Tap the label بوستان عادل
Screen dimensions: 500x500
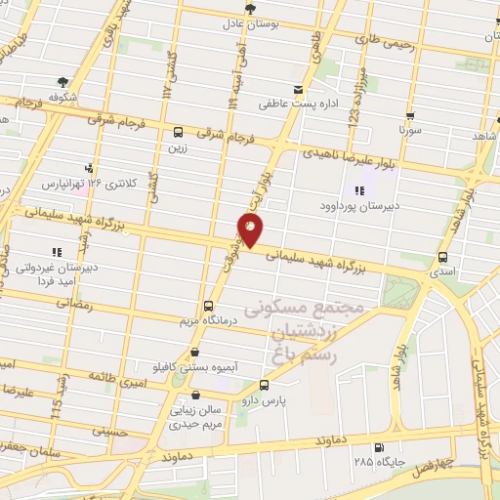coord(252,22)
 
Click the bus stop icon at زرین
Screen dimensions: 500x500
coord(178,133)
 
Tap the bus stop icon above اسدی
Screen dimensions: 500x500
coord(444,258)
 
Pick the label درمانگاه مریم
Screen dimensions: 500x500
coord(203,319)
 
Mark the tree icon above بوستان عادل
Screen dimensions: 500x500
coord(252,8)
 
